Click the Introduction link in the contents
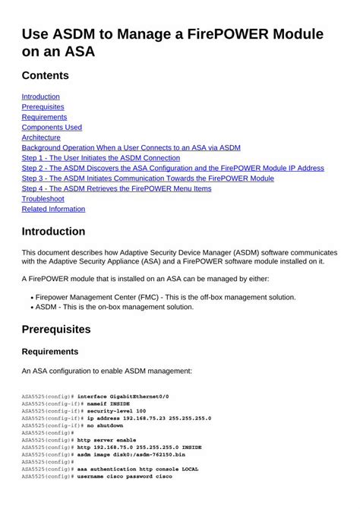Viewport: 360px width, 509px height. [x=40, y=96]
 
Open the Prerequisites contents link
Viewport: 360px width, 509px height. [x=43, y=107]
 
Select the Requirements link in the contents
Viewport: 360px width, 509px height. [x=44, y=117]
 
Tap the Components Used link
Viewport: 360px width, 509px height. [x=52, y=128]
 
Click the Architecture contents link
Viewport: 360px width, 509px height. [x=41, y=138]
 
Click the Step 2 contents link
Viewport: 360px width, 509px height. [x=172, y=168]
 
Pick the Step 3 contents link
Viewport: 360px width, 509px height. [x=147, y=179]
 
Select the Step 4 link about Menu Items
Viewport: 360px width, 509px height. [x=116, y=188]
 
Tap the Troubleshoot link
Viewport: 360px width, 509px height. [x=43, y=199]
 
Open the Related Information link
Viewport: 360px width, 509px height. [x=53, y=209]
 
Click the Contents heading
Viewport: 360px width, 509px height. [x=45, y=75]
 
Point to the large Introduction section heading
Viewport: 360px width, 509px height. [x=53, y=231]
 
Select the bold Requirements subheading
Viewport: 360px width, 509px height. [x=50, y=352]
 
